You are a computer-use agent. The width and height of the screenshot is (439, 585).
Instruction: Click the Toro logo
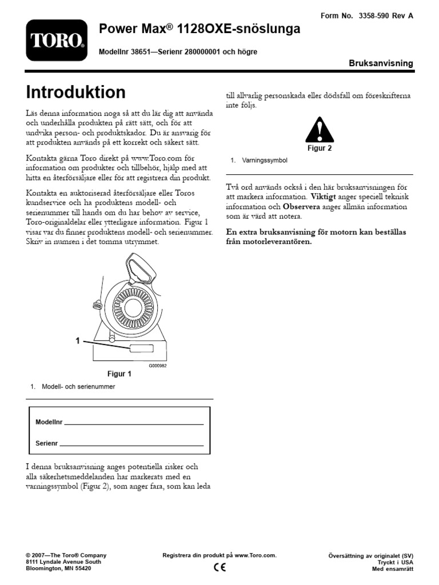(x=57, y=40)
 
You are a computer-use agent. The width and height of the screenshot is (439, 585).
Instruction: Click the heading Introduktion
(x=76, y=93)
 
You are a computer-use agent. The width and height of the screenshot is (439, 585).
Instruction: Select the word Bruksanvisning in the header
(x=381, y=63)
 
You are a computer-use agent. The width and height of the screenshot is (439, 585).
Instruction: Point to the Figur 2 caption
(x=320, y=148)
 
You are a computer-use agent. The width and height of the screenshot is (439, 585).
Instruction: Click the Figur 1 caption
(x=119, y=375)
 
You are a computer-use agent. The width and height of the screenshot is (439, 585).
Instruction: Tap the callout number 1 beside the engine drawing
(x=78, y=341)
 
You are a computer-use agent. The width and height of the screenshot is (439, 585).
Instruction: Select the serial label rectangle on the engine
(x=141, y=349)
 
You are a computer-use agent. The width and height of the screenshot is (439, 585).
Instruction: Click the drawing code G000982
(x=157, y=366)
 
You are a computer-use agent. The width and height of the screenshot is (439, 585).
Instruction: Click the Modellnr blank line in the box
(x=134, y=424)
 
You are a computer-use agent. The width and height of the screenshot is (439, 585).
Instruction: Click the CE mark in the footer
(x=219, y=567)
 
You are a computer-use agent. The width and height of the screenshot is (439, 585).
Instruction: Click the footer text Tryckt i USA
(x=396, y=562)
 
